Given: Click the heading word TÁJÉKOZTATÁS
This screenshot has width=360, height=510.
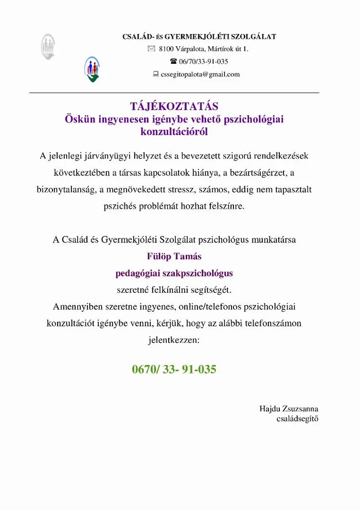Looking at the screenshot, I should point(174,106).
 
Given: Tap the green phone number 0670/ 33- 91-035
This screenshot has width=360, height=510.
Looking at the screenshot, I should point(174,369).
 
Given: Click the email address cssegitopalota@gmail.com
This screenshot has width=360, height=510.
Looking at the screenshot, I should point(200,74).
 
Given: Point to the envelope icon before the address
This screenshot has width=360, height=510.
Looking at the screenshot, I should point(151,49).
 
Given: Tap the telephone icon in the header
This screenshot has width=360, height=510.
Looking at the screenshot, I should point(173,62).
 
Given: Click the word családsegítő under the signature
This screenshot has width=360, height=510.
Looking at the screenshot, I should point(298,419).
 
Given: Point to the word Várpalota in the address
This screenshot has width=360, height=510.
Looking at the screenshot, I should point(190,49).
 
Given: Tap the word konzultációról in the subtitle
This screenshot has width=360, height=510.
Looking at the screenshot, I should point(174,132).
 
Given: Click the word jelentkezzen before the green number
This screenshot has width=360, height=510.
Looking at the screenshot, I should point(174,340).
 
